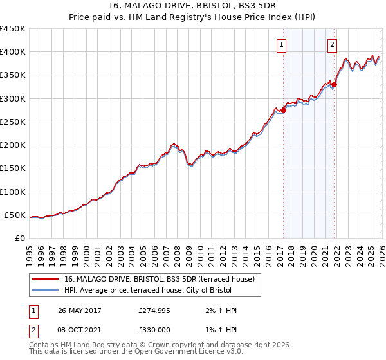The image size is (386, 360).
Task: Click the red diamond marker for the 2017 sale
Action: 283,110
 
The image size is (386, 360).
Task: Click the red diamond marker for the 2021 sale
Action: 335,84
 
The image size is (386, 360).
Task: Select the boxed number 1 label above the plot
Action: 282,44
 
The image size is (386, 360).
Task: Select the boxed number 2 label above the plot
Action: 332,44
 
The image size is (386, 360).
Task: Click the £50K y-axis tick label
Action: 15,215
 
